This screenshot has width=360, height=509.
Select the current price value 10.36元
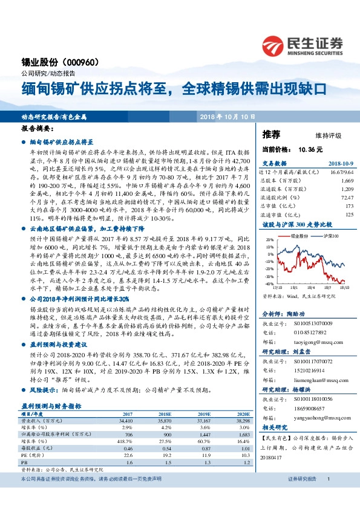[x=310, y=149]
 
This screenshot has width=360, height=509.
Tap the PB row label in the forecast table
[x=25, y=444]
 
